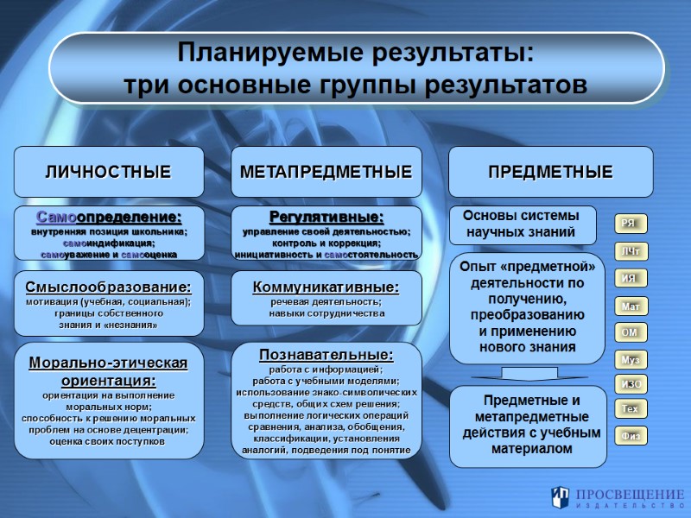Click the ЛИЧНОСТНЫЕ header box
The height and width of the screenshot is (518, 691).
coord(108,172)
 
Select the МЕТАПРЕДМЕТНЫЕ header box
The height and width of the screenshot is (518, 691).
coord(326,172)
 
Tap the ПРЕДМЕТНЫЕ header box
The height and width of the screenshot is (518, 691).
coord(550,172)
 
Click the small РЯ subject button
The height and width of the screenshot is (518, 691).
coord(629,224)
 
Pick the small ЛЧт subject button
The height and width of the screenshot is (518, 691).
coord(629,251)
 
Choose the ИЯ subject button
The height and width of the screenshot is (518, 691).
coord(629,278)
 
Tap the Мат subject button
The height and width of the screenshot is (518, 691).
coord(629,306)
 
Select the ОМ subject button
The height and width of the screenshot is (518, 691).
coord(629,332)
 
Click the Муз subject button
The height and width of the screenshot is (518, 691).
coord(629,359)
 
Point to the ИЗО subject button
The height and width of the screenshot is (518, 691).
coord(629,384)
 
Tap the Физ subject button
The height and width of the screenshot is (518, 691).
coord(629,436)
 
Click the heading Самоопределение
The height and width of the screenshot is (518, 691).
coord(109,217)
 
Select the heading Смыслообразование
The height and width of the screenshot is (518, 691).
coord(108,287)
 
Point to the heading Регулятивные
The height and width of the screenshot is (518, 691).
coord(326,217)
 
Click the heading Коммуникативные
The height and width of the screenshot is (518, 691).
coord(326,287)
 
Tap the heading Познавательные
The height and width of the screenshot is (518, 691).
coord(326,355)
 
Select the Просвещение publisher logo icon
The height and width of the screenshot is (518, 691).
coord(561,496)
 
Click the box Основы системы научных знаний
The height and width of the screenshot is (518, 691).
coord(521,224)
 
